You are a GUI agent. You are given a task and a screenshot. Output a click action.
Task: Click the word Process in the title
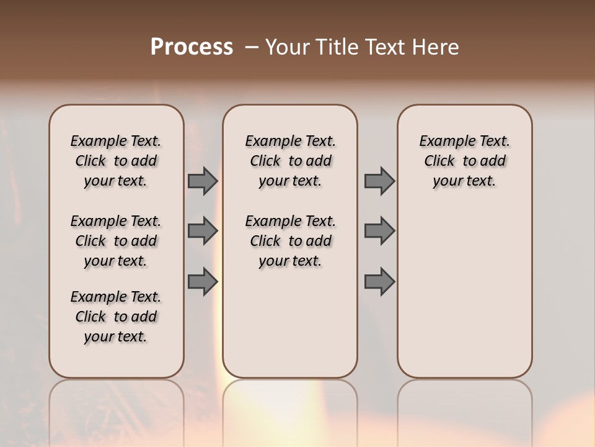[192, 47]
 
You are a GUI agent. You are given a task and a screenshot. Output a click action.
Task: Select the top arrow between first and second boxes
[203, 181]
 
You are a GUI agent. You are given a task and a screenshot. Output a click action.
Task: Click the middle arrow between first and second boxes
[203, 231]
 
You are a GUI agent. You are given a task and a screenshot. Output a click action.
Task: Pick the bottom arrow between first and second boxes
[203, 282]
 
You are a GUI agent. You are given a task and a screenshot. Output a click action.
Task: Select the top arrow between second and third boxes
[379, 181]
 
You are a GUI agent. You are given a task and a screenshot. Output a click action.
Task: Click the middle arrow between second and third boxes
[379, 231]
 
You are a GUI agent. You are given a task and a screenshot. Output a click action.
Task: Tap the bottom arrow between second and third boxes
[379, 282]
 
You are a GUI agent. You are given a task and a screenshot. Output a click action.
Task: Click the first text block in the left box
[116, 161]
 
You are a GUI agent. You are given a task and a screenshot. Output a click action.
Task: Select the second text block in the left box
[116, 241]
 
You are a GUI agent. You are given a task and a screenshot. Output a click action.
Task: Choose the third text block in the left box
[116, 317]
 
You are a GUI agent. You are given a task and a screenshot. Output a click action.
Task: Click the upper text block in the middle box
[290, 161]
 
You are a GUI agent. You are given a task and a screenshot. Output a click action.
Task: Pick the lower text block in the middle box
[290, 241]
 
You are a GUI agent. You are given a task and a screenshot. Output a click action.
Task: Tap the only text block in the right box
[464, 161]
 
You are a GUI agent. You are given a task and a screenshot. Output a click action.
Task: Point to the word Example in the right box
[443, 142]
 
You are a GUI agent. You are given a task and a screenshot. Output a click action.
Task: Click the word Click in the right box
[439, 161]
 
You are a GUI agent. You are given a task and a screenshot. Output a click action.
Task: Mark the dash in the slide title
[252, 47]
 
